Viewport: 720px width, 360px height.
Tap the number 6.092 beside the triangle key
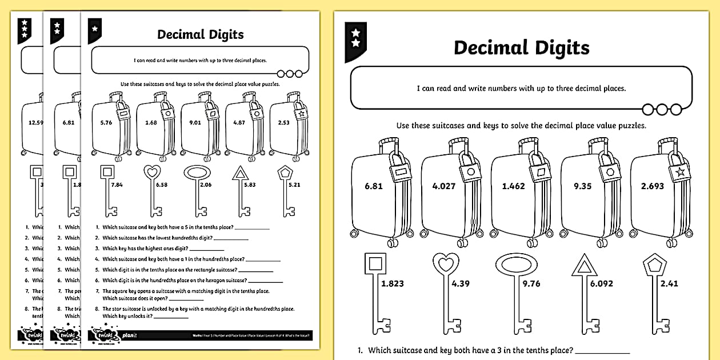tap(609, 283)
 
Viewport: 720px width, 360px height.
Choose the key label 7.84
tap(117, 185)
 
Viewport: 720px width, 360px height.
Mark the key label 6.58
tap(162, 185)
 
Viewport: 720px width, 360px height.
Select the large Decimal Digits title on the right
tap(521, 48)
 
